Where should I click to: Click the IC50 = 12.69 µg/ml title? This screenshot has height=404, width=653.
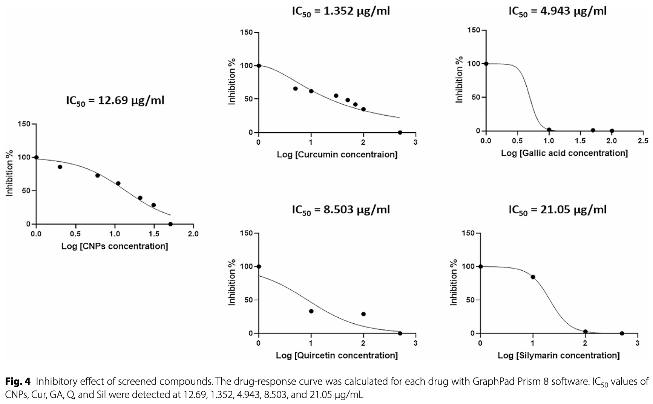click(x=115, y=101)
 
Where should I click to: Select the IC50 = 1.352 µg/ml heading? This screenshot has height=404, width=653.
click(x=340, y=11)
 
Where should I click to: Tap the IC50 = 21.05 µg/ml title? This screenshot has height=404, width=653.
click(x=557, y=210)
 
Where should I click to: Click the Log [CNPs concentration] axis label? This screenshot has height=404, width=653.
click(x=115, y=246)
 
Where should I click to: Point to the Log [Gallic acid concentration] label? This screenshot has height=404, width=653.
click(x=564, y=153)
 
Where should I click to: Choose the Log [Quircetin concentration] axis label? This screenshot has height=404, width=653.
click(x=337, y=355)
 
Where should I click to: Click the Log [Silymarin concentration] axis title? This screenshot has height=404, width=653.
click(x=558, y=355)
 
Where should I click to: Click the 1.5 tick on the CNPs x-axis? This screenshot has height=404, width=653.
click(x=154, y=234)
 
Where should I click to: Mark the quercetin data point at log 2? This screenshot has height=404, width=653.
click(x=363, y=314)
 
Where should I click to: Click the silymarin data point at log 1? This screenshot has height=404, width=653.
click(x=533, y=277)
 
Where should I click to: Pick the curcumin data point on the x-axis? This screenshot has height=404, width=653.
click(x=400, y=133)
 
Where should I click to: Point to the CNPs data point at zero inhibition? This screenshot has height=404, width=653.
click(x=170, y=224)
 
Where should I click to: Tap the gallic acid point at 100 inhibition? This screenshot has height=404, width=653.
click(x=486, y=64)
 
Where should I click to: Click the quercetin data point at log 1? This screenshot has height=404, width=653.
click(x=311, y=311)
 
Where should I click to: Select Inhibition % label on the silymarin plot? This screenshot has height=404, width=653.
click(x=454, y=282)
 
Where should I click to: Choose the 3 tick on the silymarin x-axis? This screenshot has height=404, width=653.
click(x=637, y=343)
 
